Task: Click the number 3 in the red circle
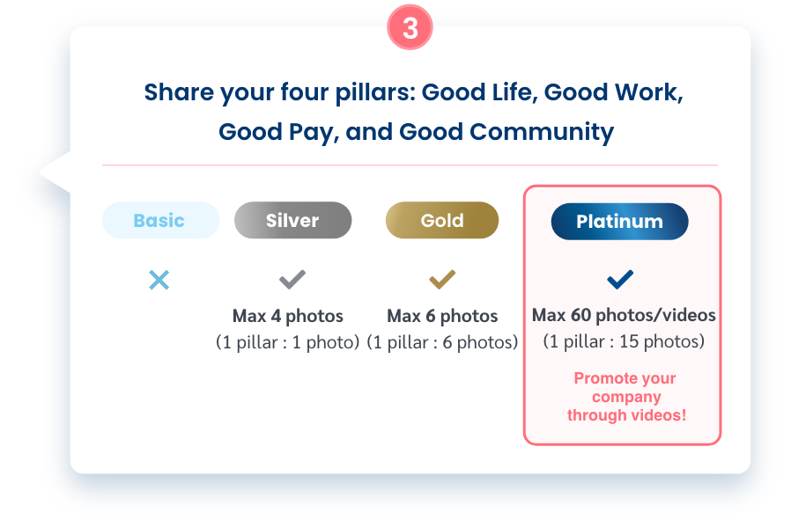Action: (x=410, y=27)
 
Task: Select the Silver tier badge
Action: (x=292, y=220)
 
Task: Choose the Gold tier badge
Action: (x=442, y=220)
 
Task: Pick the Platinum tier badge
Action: (x=619, y=221)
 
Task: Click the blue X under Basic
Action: (x=159, y=280)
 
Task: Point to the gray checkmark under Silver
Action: (x=292, y=279)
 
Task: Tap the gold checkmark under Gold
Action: (x=442, y=279)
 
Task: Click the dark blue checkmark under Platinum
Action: (x=620, y=279)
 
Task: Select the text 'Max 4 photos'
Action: (x=287, y=316)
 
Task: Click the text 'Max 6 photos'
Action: (x=442, y=316)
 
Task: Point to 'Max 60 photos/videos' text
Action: (x=624, y=315)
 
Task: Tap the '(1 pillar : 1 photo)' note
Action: (x=287, y=342)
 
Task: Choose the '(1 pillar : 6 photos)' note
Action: (x=442, y=342)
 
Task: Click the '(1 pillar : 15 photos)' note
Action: (x=624, y=341)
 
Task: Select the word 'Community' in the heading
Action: (x=542, y=131)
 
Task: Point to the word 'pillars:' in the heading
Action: (x=375, y=92)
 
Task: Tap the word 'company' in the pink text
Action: (x=626, y=397)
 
